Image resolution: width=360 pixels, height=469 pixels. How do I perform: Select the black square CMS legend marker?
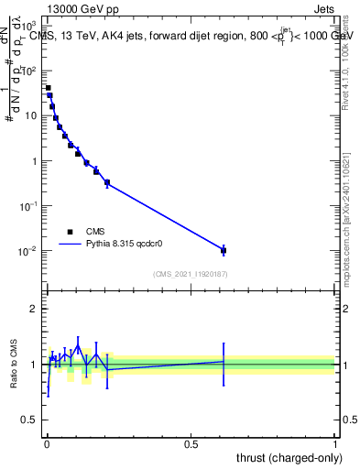pyautogui.click(x=70, y=232)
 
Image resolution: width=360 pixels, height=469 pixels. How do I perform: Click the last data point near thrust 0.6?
pyautogui.click(x=224, y=249)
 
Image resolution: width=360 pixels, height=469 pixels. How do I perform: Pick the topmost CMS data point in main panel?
pyautogui.click(x=48, y=88)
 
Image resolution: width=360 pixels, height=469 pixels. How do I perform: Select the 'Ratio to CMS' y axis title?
pyautogui.click(x=13, y=364)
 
